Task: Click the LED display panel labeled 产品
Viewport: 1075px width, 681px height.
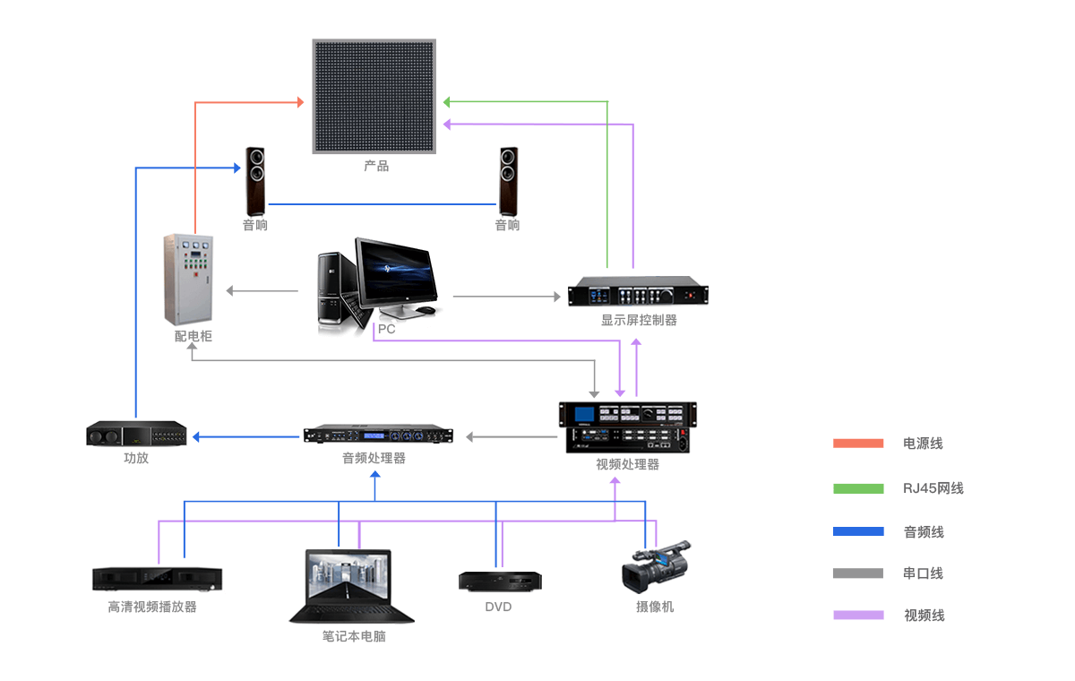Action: [374, 96]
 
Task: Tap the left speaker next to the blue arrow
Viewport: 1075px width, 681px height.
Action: [256, 181]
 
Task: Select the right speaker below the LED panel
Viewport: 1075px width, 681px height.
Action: [509, 181]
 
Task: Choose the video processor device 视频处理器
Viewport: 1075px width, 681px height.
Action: [627, 427]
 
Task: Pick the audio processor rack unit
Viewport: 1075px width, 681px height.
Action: [377, 435]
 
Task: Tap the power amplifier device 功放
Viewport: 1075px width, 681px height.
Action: [136, 435]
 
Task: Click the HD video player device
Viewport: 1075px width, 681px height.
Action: [157, 579]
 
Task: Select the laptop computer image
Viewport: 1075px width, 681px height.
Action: [350, 586]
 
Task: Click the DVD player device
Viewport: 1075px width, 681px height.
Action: [500, 581]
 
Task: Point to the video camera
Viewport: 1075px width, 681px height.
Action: [655, 566]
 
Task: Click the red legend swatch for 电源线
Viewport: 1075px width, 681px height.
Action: [857, 444]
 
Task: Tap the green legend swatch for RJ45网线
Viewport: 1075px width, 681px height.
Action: [857, 488]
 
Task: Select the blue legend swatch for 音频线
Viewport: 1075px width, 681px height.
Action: [857, 532]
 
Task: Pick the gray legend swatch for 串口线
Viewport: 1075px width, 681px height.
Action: [857, 573]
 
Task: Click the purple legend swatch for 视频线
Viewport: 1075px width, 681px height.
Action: [857, 616]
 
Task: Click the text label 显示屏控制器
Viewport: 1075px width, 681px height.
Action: [639, 320]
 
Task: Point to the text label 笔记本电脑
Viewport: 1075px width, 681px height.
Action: [354, 636]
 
